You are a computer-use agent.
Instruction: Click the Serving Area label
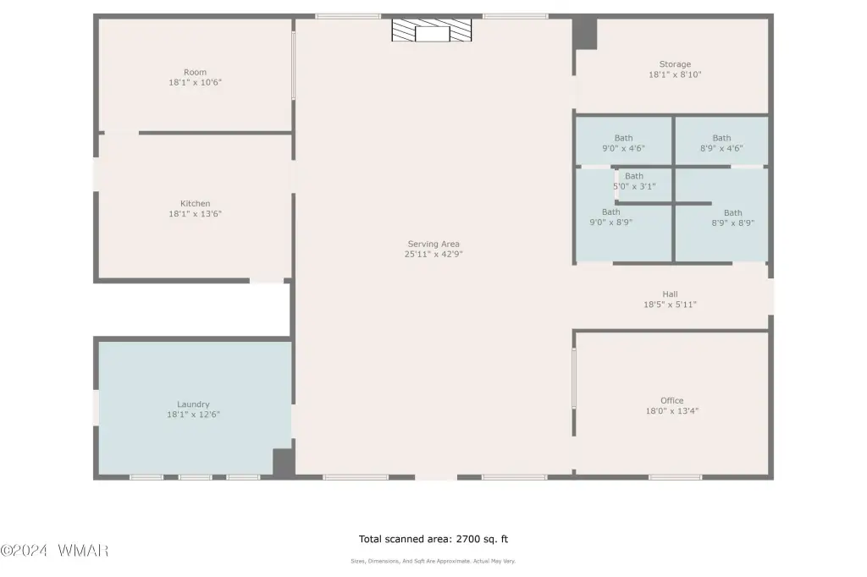coord(433,244)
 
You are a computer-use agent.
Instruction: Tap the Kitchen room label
coord(196,203)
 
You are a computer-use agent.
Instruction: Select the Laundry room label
coord(194,404)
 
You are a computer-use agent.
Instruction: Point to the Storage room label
coord(675,64)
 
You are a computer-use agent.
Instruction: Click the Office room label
coord(671,400)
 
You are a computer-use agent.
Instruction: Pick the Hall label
coord(671,294)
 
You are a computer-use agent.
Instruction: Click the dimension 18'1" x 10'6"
coord(196,82)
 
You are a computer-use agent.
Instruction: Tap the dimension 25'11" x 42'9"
coord(433,254)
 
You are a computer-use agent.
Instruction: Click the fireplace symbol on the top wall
coord(432,30)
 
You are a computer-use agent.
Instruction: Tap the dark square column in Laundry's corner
coord(284,462)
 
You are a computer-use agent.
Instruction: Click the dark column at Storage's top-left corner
coord(585,34)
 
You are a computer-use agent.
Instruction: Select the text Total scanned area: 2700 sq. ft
coord(433,539)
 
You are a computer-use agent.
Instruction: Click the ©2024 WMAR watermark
coord(54,551)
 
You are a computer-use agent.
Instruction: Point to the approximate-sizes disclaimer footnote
coord(433,561)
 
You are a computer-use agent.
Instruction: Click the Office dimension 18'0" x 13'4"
coord(671,411)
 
